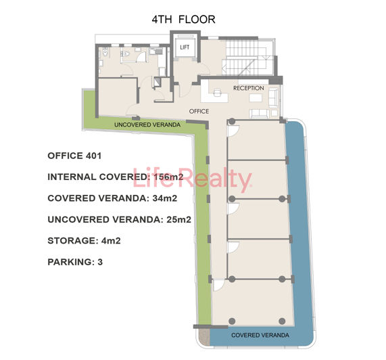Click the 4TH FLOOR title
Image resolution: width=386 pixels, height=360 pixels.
pyautogui.click(x=183, y=20)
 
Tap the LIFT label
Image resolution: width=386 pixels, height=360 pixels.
pyautogui.click(x=184, y=47)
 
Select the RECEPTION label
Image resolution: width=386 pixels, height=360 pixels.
pyautogui.click(x=248, y=89)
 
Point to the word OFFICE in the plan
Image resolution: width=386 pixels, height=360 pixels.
pyautogui.click(x=199, y=111)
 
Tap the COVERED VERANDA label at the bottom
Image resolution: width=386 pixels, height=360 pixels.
pyautogui.click(x=260, y=336)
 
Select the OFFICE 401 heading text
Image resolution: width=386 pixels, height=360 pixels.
pyautogui.click(x=74, y=156)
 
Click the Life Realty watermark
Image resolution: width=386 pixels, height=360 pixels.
pyautogui.click(x=192, y=179)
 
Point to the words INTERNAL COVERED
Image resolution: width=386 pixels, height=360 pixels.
pyautogui.click(x=96, y=177)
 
